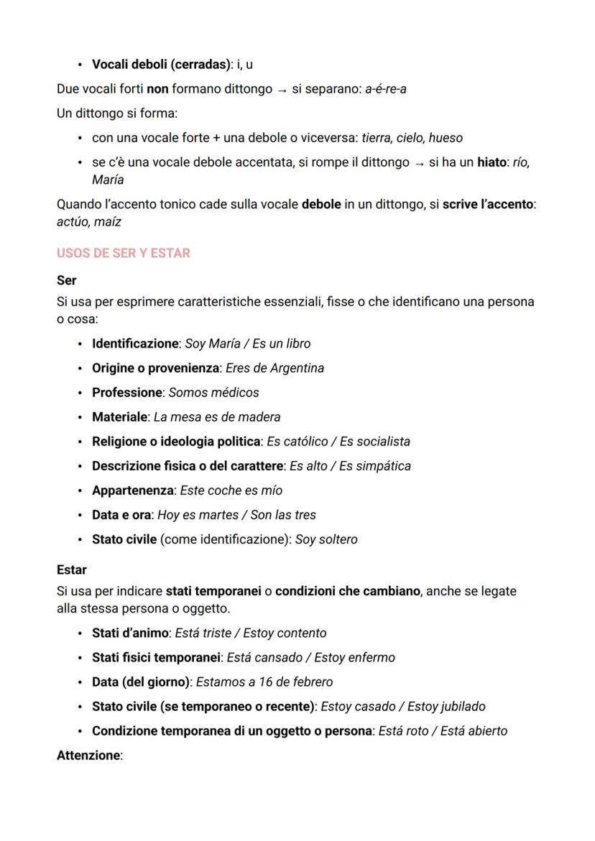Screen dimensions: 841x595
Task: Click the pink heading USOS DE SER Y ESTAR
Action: click(123, 254)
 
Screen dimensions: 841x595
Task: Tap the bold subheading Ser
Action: click(66, 280)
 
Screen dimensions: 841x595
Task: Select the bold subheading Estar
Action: click(71, 570)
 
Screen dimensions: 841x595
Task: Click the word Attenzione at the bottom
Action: click(89, 755)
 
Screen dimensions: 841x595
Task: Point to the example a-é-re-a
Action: click(386, 89)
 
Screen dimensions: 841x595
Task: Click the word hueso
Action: click(446, 138)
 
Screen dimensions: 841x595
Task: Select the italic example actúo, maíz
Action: click(88, 221)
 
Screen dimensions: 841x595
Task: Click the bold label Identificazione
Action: click(134, 343)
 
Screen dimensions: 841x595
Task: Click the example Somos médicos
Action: click(213, 392)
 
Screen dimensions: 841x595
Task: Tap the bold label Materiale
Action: click(120, 417)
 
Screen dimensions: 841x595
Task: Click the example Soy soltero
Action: click(326, 539)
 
